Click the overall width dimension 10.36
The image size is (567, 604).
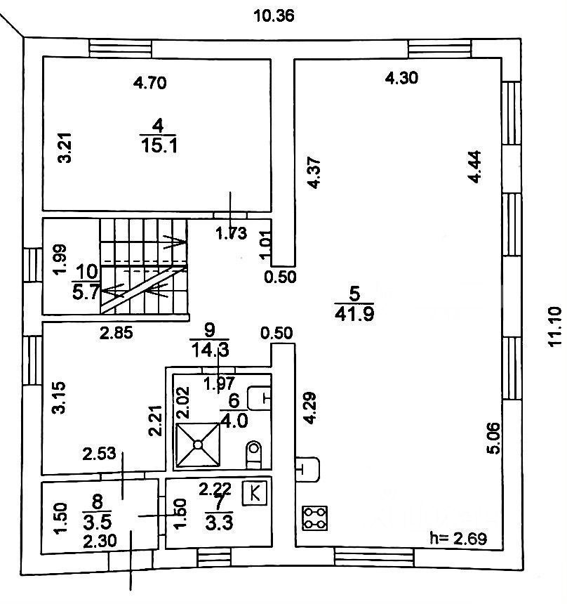click(x=274, y=14)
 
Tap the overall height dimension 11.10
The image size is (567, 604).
click(x=555, y=326)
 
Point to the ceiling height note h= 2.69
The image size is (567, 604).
click(x=458, y=539)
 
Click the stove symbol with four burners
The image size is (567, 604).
click(x=314, y=518)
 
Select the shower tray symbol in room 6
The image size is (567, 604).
click(x=199, y=445)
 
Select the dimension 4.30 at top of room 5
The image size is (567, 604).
click(x=402, y=78)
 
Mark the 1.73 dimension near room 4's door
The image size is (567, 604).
click(x=230, y=234)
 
